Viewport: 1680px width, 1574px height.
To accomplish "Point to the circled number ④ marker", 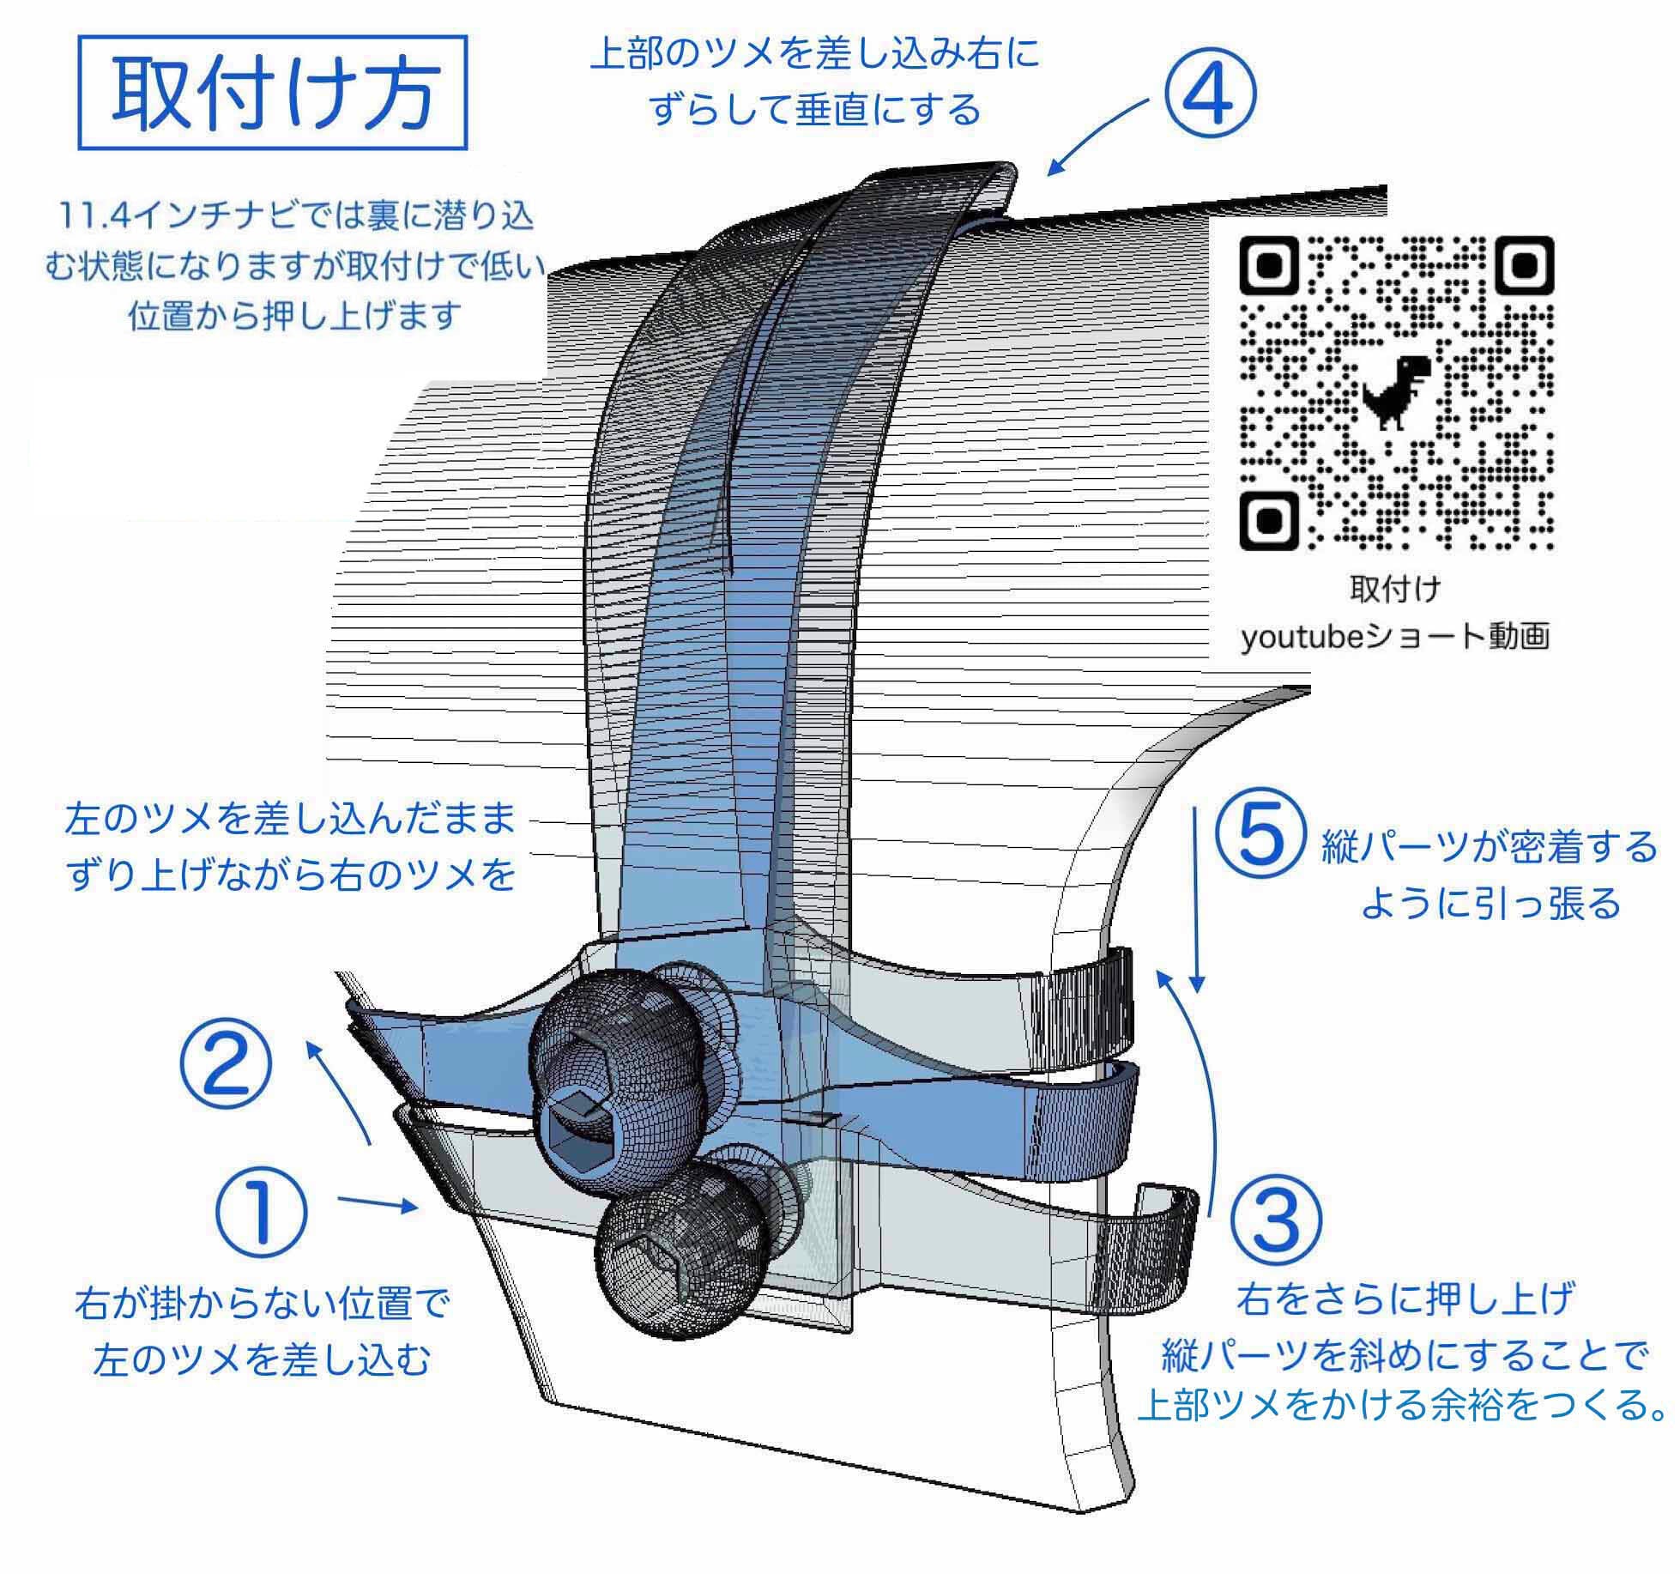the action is (1210, 97).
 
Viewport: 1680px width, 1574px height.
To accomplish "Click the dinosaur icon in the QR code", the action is (1395, 392).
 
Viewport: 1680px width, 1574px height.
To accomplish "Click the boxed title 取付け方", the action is (273, 93).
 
